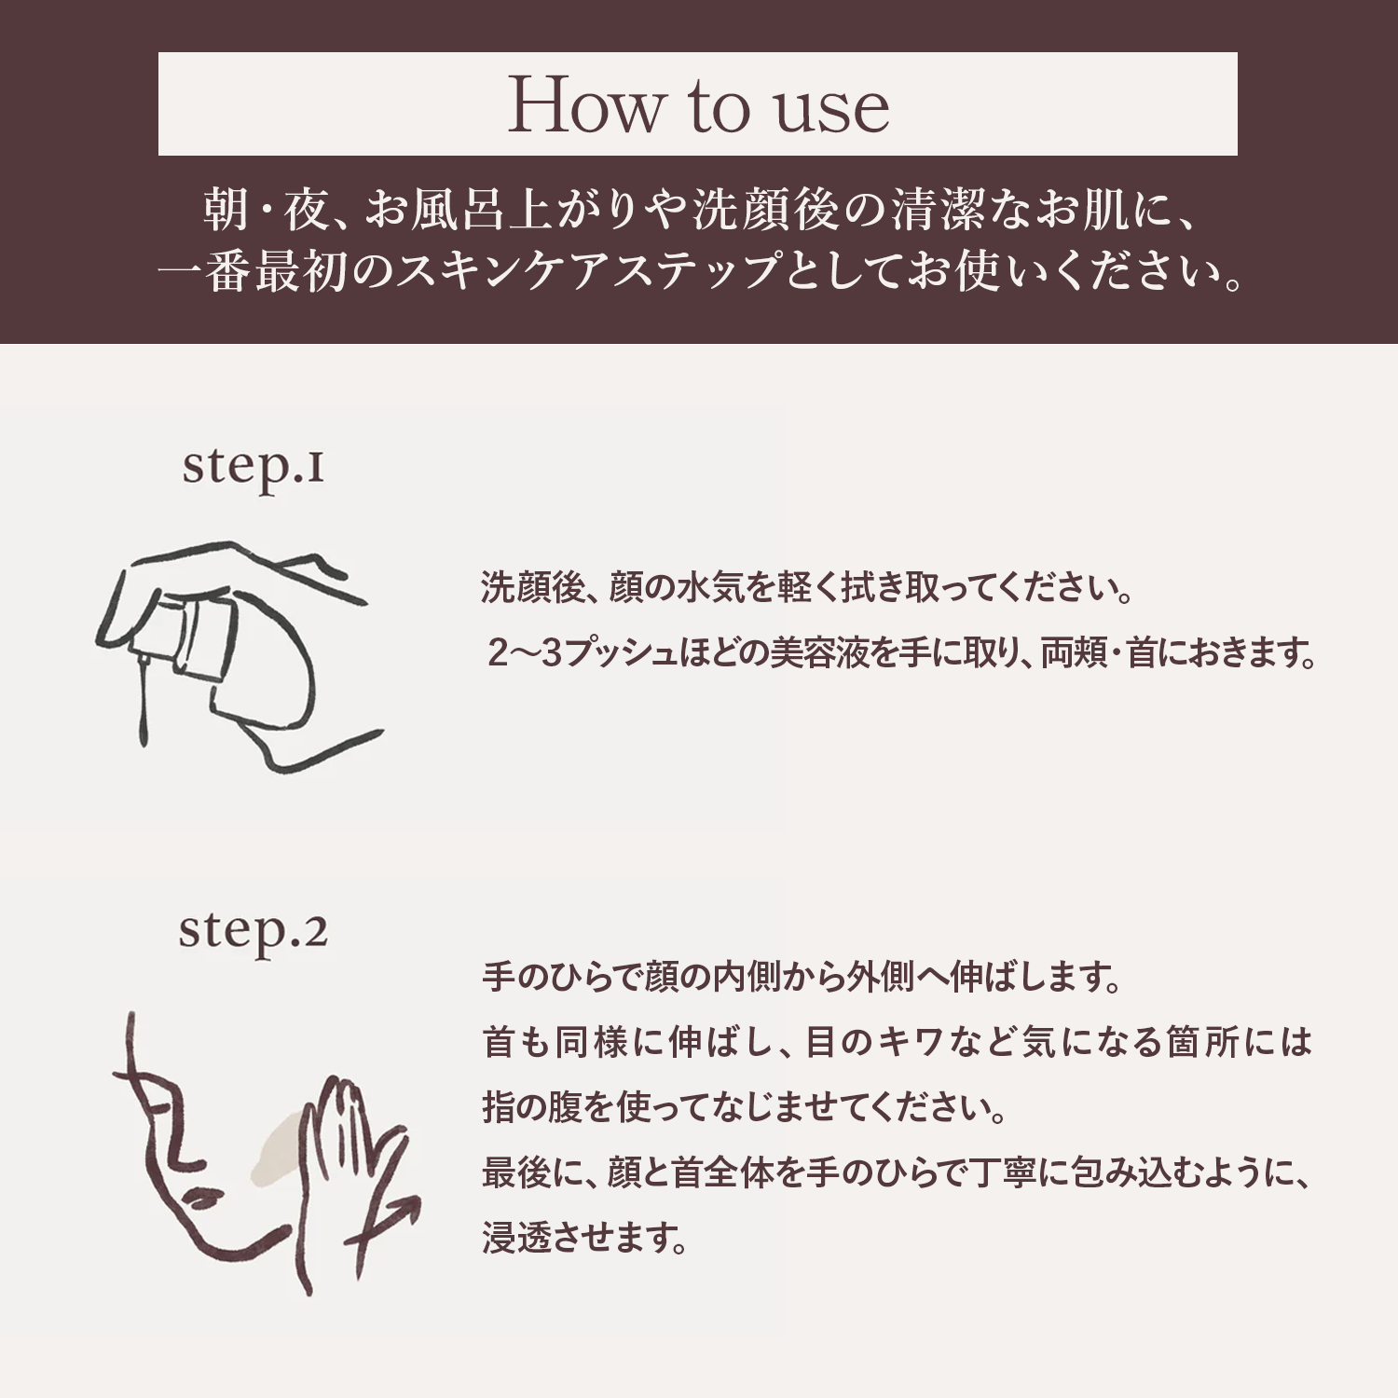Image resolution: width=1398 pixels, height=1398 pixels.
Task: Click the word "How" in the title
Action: tap(583, 104)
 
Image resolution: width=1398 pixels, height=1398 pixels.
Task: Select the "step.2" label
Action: tap(253, 933)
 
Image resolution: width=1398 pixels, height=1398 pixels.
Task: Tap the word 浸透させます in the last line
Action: tap(585, 1238)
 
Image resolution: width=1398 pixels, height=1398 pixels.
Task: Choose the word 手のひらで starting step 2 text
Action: tap(562, 977)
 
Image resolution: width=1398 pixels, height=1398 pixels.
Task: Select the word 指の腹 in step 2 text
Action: tap(532, 1107)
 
